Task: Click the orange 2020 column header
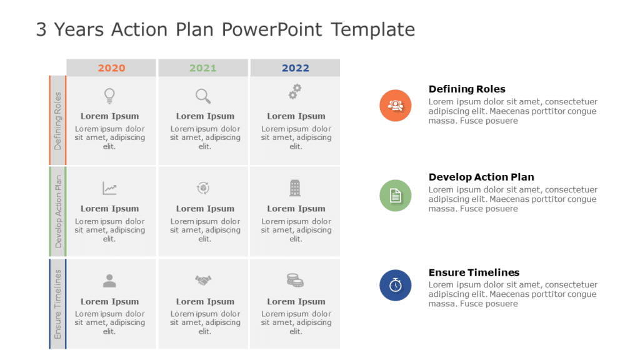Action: [x=111, y=68]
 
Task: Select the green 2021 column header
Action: [x=203, y=68]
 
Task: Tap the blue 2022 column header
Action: [x=295, y=68]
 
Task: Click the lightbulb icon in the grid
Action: [x=109, y=96]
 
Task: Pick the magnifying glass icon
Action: [x=203, y=96]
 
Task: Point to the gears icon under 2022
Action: [x=295, y=92]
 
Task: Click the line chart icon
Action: [x=109, y=188]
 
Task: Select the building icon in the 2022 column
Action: [x=295, y=187]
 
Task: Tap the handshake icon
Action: [x=203, y=281]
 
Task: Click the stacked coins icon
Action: [x=295, y=280]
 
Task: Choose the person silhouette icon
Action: [x=109, y=281]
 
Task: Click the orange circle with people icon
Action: [x=395, y=105]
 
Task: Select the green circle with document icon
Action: [x=395, y=196]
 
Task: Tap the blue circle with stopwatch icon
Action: [x=395, y=285]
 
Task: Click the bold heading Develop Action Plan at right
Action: [x=481, y=177]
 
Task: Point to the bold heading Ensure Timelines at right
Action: [x=474, y=272]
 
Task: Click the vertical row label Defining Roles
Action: [x=58, y=121]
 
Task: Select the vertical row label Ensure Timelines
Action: [x=58, y=304]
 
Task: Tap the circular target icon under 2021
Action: [x=203, y=187]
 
